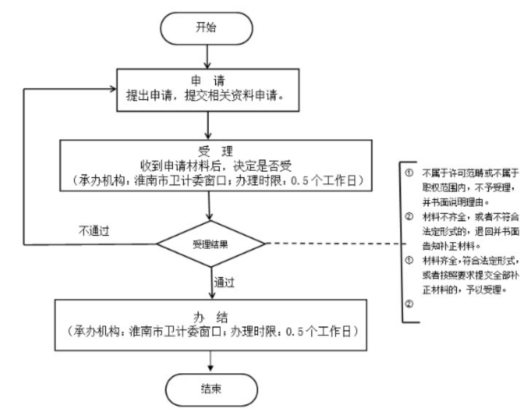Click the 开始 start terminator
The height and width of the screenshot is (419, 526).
point(209,28)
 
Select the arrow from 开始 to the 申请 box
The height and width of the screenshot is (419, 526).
point(209,55)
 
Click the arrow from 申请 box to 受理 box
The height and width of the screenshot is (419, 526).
point(209,124)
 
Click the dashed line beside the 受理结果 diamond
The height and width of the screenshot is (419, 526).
point(332,244)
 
